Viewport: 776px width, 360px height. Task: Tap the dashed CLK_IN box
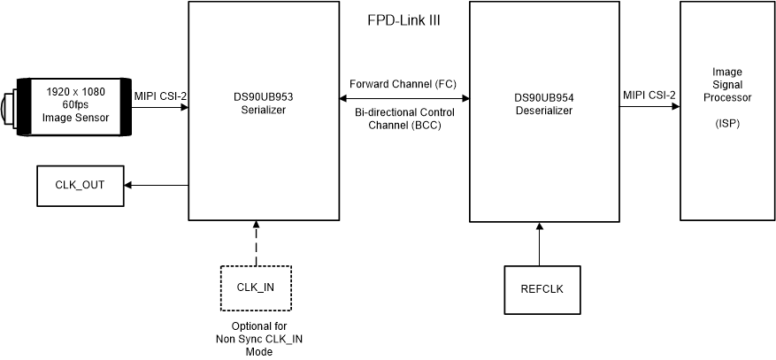point(256,287)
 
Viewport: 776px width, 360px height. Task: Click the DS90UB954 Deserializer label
point(543,105)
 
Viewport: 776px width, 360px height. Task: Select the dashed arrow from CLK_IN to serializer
point(256,243)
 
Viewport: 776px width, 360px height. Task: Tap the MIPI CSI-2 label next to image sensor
point(160,95)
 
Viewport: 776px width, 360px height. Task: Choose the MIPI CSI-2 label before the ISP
point(649,95)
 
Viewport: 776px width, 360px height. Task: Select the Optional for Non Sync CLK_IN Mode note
point(254,339)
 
